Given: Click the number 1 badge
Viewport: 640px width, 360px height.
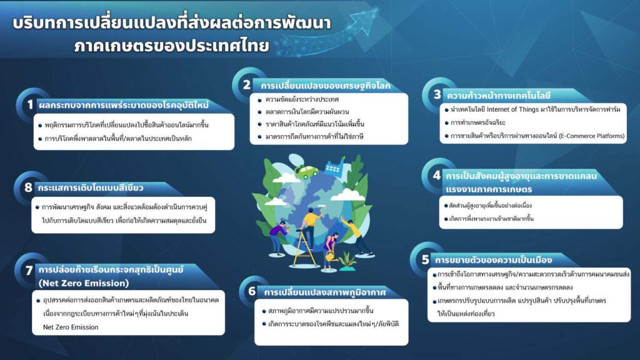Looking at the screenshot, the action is (30, 105).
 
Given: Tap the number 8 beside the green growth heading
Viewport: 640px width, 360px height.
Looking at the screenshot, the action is (28, 187).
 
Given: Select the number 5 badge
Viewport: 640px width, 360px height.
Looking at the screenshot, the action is (425, 259).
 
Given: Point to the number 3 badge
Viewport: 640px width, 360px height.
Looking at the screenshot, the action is (437, 95).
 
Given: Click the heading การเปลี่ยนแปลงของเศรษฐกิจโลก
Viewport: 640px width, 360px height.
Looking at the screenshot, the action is (325, 86).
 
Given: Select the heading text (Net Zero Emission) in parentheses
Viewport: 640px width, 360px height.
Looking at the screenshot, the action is (84, 283).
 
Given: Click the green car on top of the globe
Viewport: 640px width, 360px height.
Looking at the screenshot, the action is (306, 171).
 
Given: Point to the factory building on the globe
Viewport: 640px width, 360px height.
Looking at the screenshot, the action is (335, 166).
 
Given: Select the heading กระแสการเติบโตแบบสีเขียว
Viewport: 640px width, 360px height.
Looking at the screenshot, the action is (90, 187).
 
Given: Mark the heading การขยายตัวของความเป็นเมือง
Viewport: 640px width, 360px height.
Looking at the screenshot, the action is (493, 260).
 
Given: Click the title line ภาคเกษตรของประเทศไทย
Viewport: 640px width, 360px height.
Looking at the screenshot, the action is (172, 45).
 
